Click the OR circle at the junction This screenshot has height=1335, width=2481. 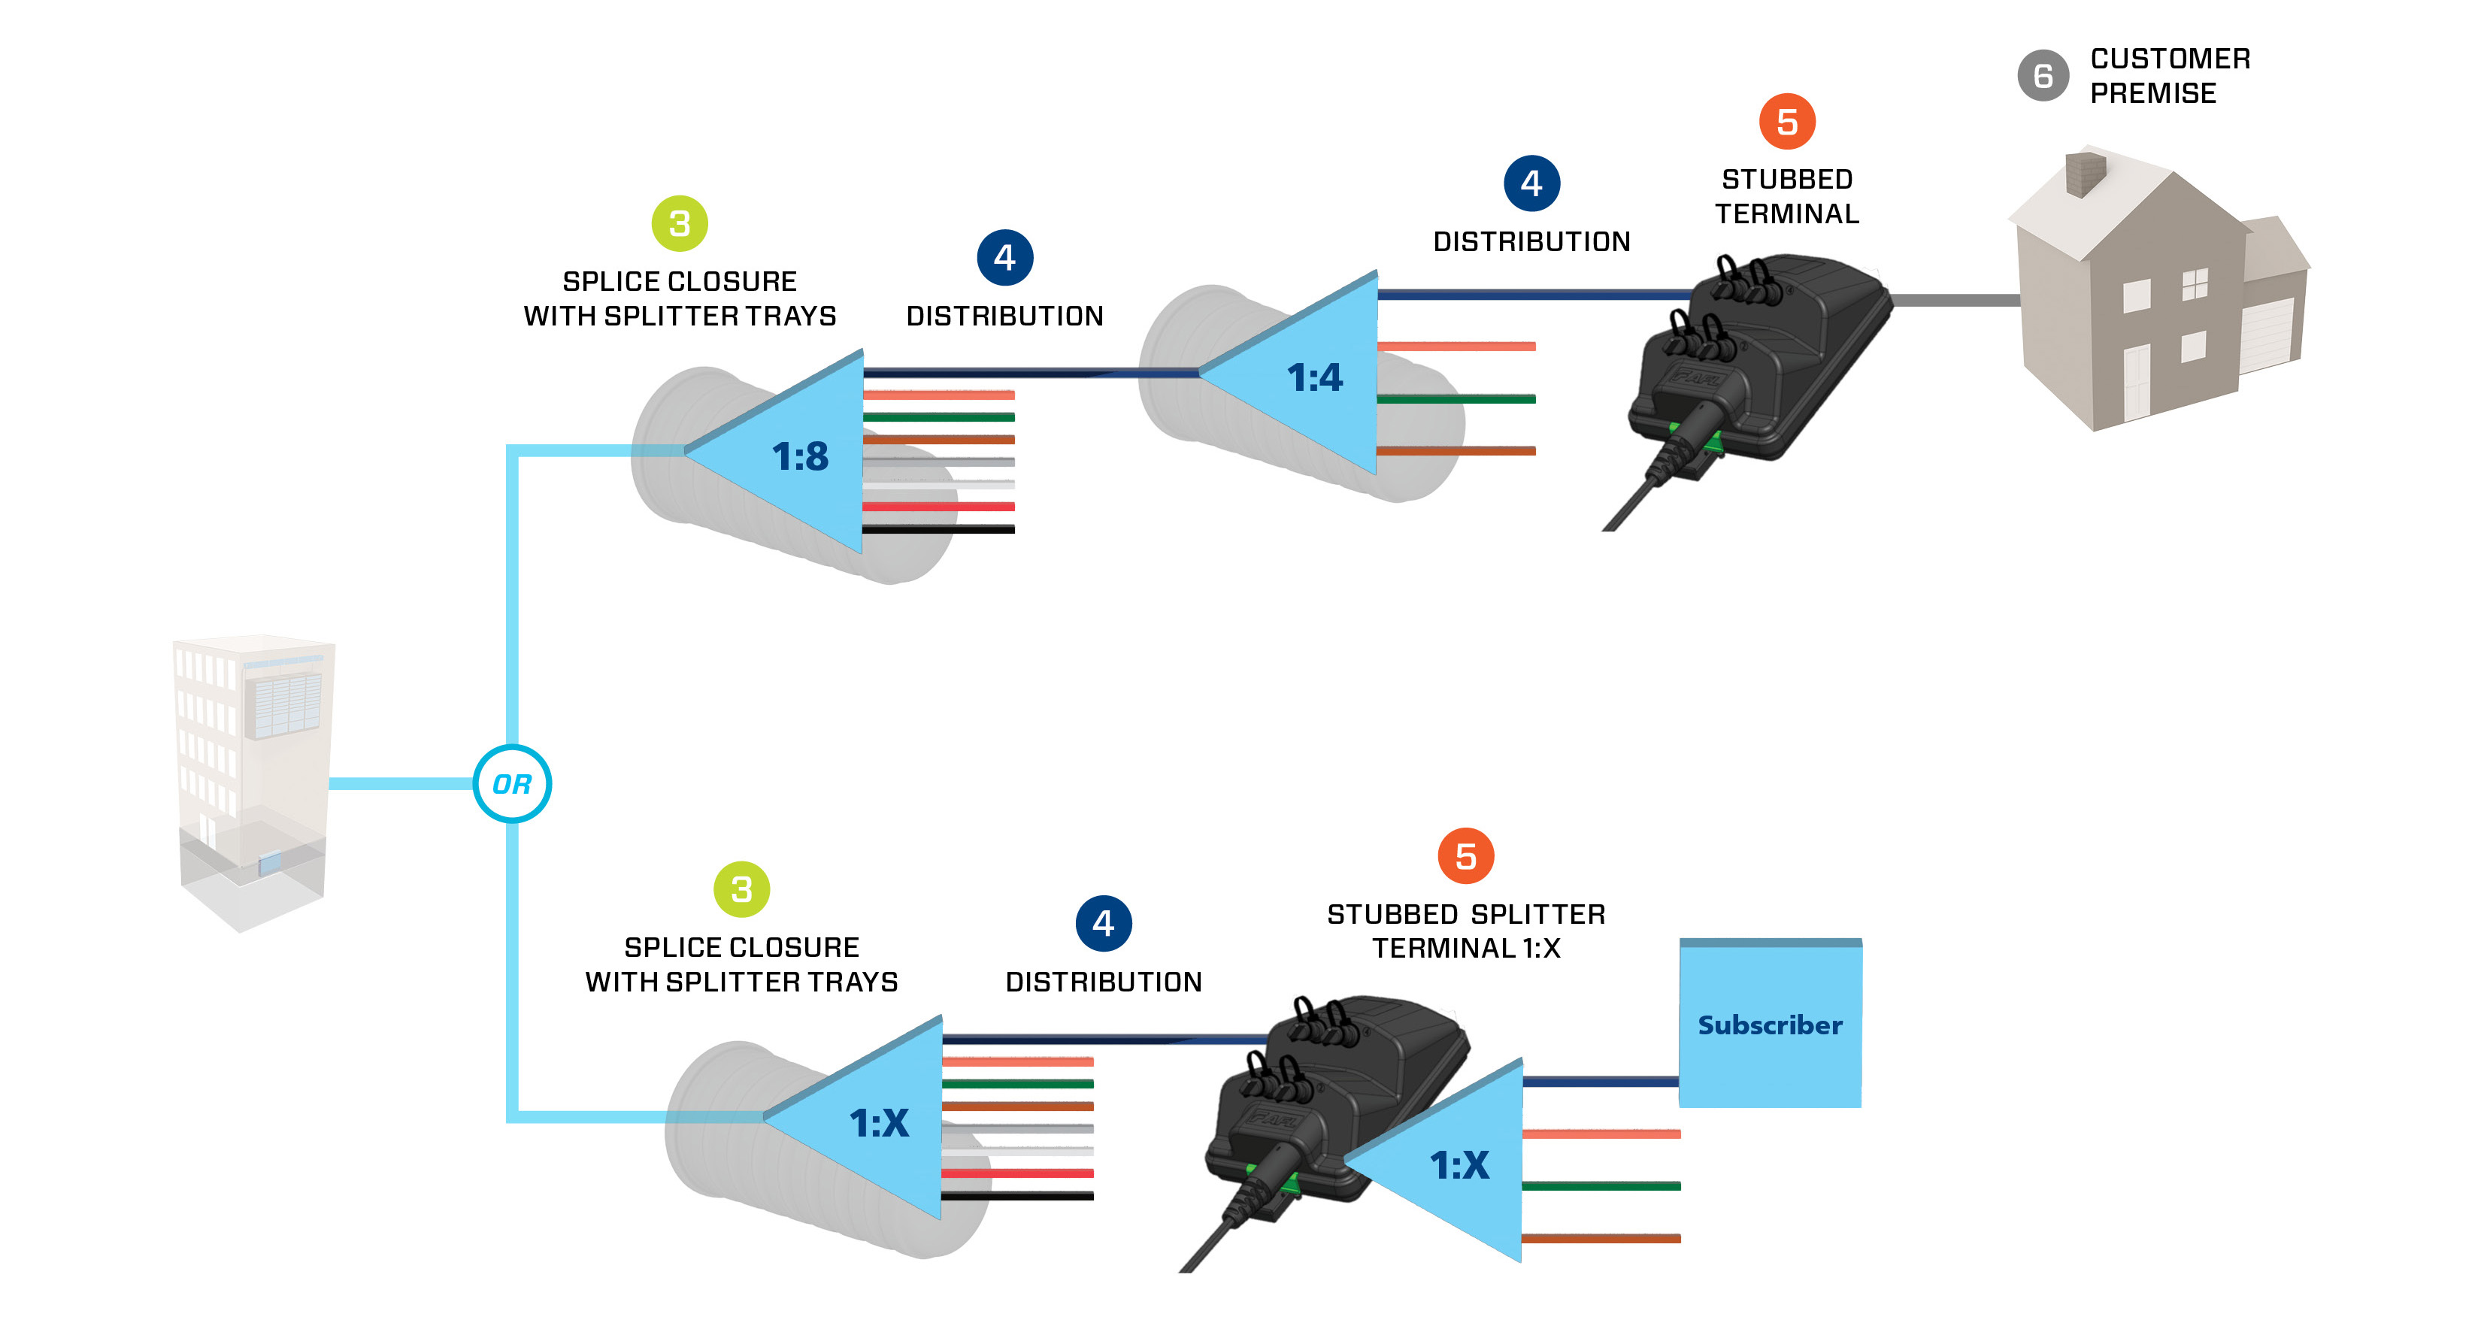[511, 783]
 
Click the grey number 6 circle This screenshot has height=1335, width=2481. [2042, 75]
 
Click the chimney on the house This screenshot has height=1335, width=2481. [2085, 174]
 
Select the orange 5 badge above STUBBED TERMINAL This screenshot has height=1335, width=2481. [1786, 121]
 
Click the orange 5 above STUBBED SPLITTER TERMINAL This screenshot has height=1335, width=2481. [1465, 855]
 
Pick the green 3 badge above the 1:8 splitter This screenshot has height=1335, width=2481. [679, 223]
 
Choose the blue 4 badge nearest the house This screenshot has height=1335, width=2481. [1531, 183]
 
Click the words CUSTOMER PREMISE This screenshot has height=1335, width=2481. [2169, 75]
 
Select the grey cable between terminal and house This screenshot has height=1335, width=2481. [1955, 301]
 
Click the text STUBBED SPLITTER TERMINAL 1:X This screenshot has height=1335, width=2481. [1465, 931]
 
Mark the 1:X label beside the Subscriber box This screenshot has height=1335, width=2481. [1459, 1164]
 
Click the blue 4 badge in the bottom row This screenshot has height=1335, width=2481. [1103, 923]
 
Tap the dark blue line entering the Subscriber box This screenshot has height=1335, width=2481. [1599, 1082]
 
